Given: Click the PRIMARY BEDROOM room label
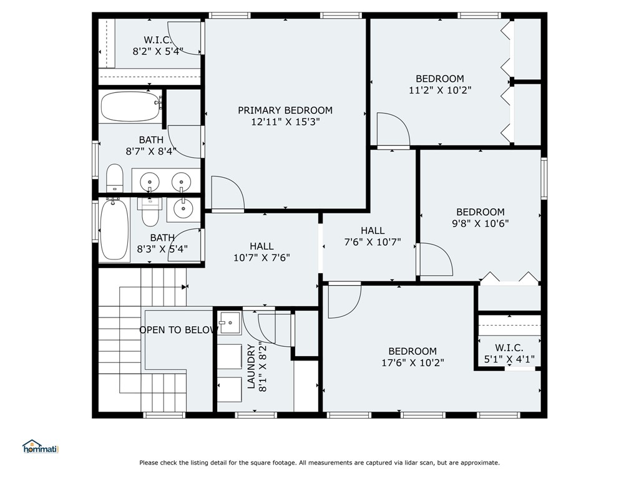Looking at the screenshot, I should pyautogui.click(x=285, y=110).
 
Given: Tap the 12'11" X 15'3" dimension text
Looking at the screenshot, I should pyautogui.click(x=285, y=123).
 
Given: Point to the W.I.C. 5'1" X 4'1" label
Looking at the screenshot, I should pyautogui.click(x=509, y=353).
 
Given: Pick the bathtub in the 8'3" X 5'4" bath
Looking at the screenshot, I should pyautogui.click(x=114, y=229).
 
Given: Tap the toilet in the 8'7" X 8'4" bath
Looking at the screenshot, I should pyautogui.click(x=114, y=179).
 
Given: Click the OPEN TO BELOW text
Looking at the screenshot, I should pyautogui.click(x=178, y=330).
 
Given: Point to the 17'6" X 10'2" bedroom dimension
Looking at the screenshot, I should pyautogui.click(x=412, y=362).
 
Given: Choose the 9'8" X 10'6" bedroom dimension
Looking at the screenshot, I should pyautogui.click(x=480, y=223).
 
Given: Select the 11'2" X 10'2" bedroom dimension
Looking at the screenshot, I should pyautogui.click(x=440, y=90).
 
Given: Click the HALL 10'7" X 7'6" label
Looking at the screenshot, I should pyautogui.click(x=261, y=251).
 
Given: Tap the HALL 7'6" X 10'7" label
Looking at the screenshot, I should pyautogui.click(x=372, y=236).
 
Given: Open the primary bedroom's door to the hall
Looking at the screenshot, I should pyautogui.click(x=227, y=195).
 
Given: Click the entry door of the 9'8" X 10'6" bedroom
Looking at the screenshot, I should pyautogui.click(x=435, y=259).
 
